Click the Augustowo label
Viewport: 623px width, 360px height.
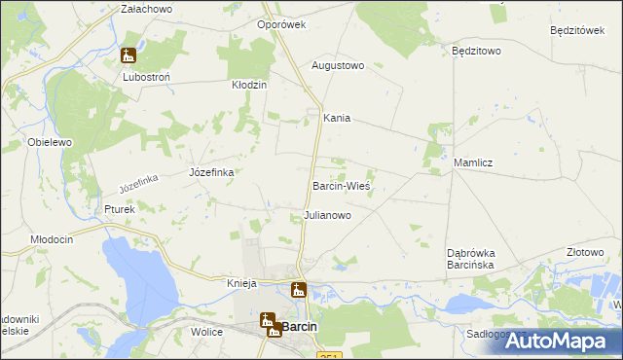point(337,66)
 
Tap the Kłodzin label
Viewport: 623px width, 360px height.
point(248,86)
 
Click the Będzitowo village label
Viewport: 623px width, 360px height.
point(476,50)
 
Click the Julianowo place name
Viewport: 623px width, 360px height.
point(327,215)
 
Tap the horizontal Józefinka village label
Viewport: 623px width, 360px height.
point(210,172)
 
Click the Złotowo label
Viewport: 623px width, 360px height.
point(586,251)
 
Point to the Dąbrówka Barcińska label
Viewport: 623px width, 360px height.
point(472,258)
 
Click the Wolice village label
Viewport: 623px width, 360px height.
point(206,332)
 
